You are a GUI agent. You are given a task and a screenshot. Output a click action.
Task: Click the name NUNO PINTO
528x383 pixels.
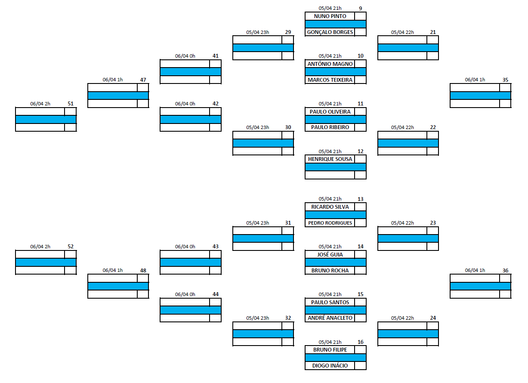330,16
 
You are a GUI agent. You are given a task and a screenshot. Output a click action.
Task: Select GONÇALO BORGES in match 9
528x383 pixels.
330,32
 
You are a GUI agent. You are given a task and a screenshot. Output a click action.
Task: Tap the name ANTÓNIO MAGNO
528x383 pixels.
330,64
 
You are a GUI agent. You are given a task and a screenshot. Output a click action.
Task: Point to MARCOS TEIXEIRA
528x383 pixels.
330,80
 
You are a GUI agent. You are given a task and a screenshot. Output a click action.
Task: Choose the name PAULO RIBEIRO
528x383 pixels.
330,127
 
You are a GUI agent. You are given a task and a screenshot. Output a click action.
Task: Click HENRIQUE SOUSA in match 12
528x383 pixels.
330,159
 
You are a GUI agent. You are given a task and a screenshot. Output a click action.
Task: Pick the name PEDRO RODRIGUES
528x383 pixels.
330,223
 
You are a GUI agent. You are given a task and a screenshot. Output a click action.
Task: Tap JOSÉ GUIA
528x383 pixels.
330,255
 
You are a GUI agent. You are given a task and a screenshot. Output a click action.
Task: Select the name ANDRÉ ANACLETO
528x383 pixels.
330,318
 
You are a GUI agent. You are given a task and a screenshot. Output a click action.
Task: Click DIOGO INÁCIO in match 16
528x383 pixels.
330,365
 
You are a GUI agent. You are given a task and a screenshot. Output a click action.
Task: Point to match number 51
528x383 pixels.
71,104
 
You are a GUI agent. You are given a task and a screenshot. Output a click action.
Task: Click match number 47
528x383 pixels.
143,80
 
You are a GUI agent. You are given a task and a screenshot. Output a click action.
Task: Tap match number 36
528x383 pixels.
505,271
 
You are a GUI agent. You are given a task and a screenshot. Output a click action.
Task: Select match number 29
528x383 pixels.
288,32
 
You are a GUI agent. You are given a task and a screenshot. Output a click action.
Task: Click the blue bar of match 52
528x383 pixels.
46,263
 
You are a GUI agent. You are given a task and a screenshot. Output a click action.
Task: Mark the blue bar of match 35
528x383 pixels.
480,96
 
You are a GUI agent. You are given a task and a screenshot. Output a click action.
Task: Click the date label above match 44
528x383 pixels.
185,294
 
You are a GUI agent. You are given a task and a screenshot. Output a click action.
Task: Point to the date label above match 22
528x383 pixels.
402,127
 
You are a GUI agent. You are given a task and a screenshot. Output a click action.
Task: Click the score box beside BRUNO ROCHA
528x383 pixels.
360,271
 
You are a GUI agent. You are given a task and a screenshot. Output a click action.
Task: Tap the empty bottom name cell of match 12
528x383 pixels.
330,175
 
